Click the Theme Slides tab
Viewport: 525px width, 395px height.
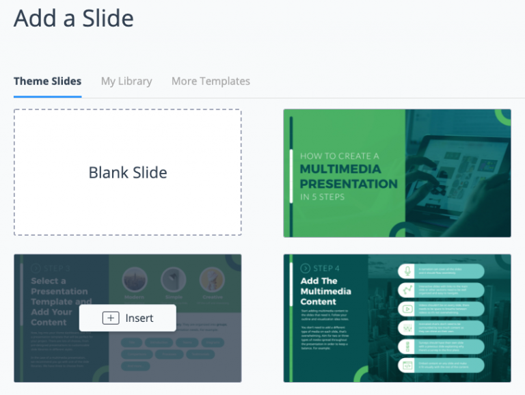pos(47,81)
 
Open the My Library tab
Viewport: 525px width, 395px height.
pos(126,81)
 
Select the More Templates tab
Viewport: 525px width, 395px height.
pos(211,81)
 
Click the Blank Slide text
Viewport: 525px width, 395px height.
pos(128,173)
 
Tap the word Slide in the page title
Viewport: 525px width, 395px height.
pos(105,18)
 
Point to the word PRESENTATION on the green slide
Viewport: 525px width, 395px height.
pos(349,183)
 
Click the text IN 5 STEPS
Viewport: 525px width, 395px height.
pos(322,197)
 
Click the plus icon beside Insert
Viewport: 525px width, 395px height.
pos(111,318)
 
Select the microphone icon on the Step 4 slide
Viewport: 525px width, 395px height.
pos(408,271)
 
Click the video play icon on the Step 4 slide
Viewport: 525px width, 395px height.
pos(408,309)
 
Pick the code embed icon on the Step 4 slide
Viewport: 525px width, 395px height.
pos(408,366)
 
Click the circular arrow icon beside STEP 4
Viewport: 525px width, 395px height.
pos(305,269)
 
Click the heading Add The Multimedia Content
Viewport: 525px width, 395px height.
pos(327,291)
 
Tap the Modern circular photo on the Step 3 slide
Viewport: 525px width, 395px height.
pos(135,279)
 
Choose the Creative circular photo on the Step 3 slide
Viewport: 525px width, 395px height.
pos(212,279)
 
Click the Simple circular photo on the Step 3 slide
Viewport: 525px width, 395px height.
pos(174,279)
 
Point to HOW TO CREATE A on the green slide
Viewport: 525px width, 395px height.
pos(340,156)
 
